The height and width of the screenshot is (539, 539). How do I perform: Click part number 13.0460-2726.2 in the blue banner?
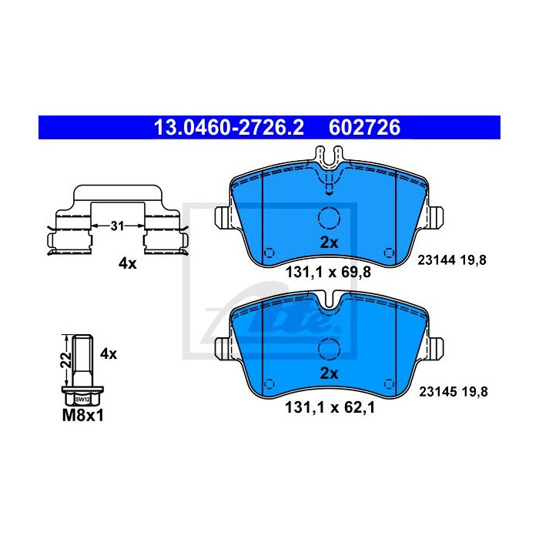(x=229, y=128)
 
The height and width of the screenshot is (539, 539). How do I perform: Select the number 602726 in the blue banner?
(x=365, y=128)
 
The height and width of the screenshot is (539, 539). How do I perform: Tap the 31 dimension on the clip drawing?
(x=117, y=226)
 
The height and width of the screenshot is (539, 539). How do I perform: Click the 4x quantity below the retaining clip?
(x=128, y=263)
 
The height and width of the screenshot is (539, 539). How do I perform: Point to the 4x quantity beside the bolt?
(x=109, y=353)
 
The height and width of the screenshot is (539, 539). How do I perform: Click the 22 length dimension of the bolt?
(x=66, y=360)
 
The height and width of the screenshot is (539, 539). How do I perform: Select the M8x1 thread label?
(x=83, y=416)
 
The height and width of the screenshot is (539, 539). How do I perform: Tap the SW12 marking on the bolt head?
(x=82, y=400)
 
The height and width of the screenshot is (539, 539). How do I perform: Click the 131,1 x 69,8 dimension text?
(x=328, y=273)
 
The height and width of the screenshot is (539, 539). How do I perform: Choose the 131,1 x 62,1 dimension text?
(x=330, y=408)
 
